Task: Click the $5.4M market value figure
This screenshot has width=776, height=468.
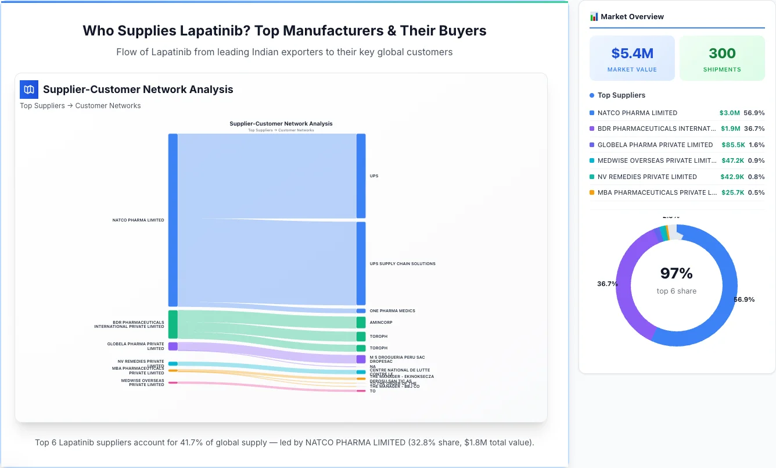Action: click(x=632, y=53)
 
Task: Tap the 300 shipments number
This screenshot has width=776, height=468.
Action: click(x=722, y=53)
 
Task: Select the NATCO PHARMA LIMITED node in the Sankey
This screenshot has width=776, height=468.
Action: click(x=173, y=220)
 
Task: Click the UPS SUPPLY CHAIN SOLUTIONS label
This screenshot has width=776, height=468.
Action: click(x=403, y=264)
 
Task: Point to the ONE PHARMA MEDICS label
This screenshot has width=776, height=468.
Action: click(x=392, y=311)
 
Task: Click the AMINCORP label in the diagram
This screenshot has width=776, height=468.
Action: click(x=381, y=322)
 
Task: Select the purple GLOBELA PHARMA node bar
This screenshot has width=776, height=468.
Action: click(x=173, y=346)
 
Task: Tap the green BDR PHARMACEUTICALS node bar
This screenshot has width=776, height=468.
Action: click(x=173, y=324)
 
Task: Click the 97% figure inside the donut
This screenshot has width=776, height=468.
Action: click(x=676, y=273)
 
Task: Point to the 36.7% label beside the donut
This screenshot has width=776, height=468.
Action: click(x=607, y=284)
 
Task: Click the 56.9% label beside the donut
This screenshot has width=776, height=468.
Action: click(x=744, y=299)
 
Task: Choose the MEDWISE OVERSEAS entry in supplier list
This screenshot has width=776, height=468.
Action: click(x=656, y=160)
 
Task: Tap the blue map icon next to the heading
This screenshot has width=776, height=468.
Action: click(x=28, y=90)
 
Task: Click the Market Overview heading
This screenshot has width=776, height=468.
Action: click(x=632, y=17)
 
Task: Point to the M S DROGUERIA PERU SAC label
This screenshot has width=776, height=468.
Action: click(x=397, y=357)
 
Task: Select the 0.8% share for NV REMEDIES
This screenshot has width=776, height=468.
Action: click(x=756, y=177)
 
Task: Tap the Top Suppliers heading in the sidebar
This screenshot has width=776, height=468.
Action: click(x=621, y=95)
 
